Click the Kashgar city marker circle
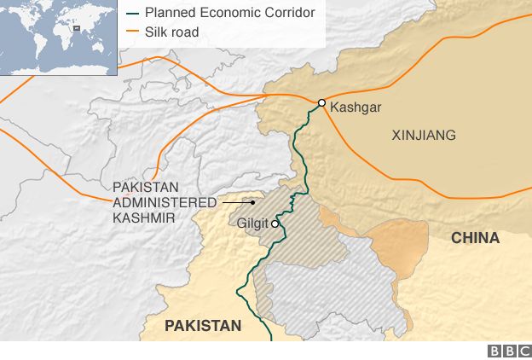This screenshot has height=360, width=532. coord(321,103)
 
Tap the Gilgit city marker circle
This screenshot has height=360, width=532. coord(275,224)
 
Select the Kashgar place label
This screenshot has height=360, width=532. coord(355,107)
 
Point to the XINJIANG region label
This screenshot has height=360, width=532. coord(423,135)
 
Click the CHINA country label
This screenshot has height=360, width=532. coord(475,238)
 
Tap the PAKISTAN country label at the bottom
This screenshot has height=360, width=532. coord(203,325)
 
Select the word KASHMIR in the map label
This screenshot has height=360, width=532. coord(143,218)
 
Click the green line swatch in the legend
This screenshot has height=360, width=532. coord(132,14)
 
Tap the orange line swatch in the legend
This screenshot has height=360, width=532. coord(132,32)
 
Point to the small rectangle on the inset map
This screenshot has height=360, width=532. coord(78,27)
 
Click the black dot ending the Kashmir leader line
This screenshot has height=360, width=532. coord(253,203)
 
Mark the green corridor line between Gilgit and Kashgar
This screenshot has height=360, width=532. coord(298,154)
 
